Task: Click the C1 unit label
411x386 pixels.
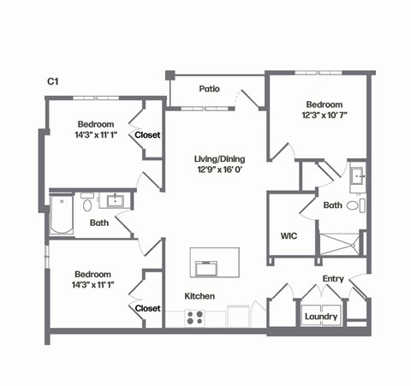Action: pos(52,81)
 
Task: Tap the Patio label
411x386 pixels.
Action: pos(210,88)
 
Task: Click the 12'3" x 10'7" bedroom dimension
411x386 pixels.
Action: pos(324,114)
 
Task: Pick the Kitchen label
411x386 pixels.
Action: pos(200,296)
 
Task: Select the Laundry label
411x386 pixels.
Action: pos(321,318)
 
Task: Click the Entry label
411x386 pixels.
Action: pos(333,279)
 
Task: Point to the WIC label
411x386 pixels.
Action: pos(289,235)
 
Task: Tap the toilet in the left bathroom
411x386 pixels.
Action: pos(87,205)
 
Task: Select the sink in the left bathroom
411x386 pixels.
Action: pos(115,202)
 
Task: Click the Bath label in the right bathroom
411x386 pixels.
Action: pos(333,205)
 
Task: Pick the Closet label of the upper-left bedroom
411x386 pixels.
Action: pos(147,134)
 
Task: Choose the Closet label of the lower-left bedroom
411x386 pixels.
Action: pos(147,308)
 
